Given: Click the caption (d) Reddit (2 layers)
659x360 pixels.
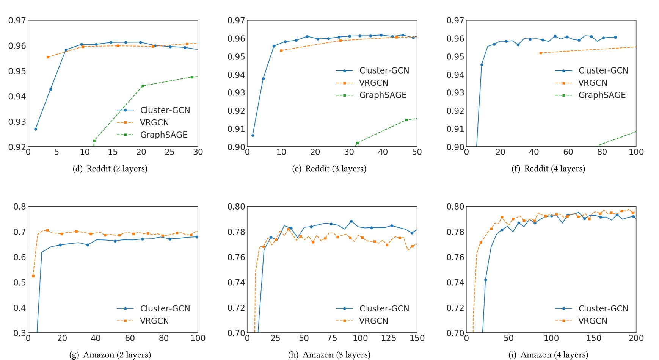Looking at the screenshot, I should coord(110,169).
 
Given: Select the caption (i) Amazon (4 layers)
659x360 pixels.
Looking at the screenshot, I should coord(548,355).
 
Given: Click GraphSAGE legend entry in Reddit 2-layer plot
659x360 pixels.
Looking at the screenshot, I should coord(163,135).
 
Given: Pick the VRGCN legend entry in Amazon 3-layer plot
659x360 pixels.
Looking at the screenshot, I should coord(373,321).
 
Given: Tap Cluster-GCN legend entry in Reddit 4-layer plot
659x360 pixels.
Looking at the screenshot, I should coord(603,70).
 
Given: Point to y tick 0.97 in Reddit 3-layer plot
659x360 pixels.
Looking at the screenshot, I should coord(236,20).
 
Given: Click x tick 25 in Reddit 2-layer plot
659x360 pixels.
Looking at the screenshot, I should coord(169,152).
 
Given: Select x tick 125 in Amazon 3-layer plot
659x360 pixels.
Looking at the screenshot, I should coord(388,338).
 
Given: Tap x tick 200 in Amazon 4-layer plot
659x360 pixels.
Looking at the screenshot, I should coord(636,338).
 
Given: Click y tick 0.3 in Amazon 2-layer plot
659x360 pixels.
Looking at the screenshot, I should coord(20,333).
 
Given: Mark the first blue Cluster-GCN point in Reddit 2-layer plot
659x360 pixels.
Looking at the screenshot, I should coord(36,129).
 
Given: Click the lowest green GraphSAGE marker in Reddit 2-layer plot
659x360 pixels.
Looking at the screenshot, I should coord(94,141).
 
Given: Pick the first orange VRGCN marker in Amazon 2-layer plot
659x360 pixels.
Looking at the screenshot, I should coord(33,276).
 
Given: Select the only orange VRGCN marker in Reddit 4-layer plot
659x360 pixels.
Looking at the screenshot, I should coord(541,53).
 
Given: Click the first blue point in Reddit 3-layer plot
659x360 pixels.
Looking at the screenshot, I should coord(253,135).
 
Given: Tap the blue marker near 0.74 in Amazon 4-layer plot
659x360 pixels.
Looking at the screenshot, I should coord(485,280).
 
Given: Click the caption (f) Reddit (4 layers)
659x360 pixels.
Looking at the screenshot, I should coord(548,169).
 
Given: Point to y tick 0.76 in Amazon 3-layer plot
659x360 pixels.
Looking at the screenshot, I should coord(236,257).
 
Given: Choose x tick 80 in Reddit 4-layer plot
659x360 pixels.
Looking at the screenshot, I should coord(602,152).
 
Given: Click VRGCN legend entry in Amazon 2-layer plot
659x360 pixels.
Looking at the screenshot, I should coord(154,321).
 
